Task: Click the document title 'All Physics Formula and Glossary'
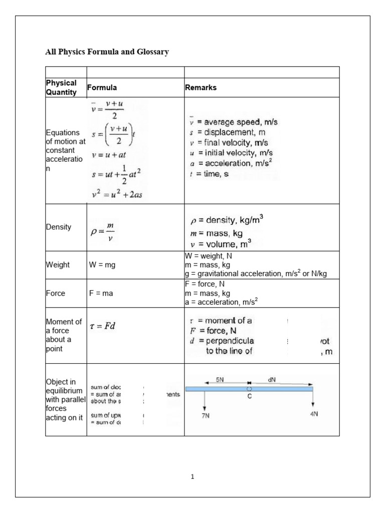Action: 107,52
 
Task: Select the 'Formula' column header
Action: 102,87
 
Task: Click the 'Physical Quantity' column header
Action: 61,87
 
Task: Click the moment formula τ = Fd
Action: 106,326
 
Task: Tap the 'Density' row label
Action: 59,227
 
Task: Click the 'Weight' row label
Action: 58,265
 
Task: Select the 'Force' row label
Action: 56,294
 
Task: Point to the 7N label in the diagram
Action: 206,416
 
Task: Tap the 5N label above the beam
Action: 220,380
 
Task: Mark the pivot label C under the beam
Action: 249,395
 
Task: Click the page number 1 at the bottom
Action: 192,477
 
